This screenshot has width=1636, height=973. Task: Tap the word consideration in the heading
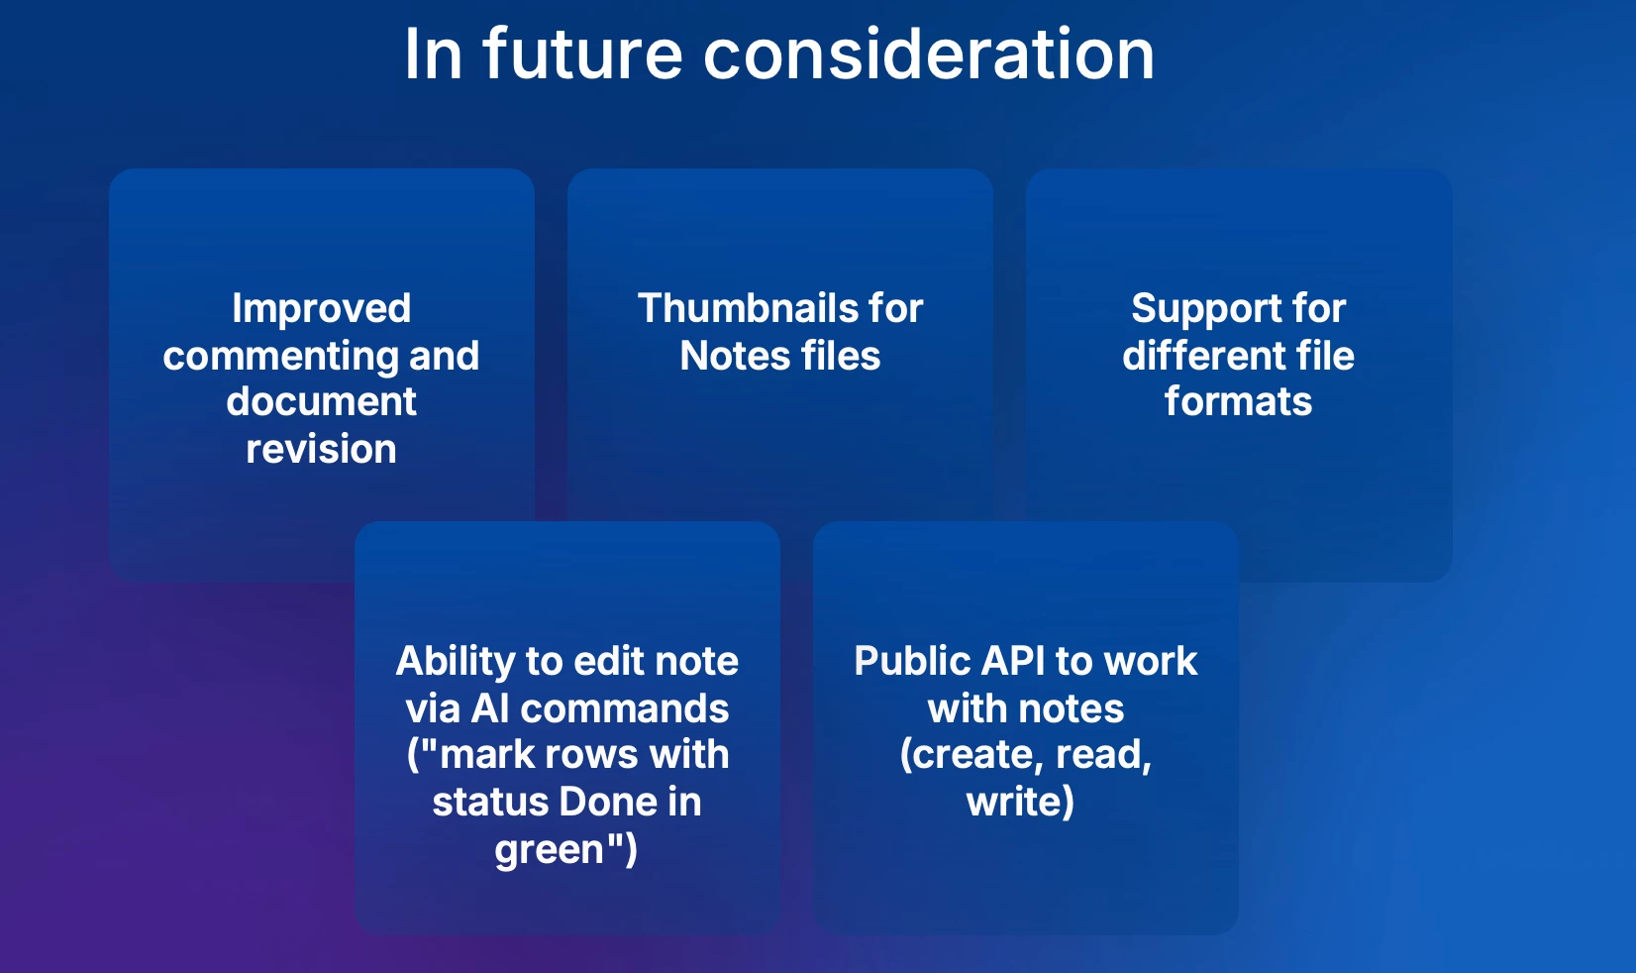tap(929, 54)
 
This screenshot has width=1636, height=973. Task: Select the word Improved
tap(321, 309)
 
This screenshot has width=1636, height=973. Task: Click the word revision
tap(321, 449)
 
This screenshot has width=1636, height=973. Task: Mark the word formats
tap(1239, 402)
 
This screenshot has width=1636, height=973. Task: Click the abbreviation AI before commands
tap(490, 708)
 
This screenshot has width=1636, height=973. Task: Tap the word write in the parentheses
tap(1014, 802)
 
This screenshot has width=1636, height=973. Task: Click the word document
tap(321, 401)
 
